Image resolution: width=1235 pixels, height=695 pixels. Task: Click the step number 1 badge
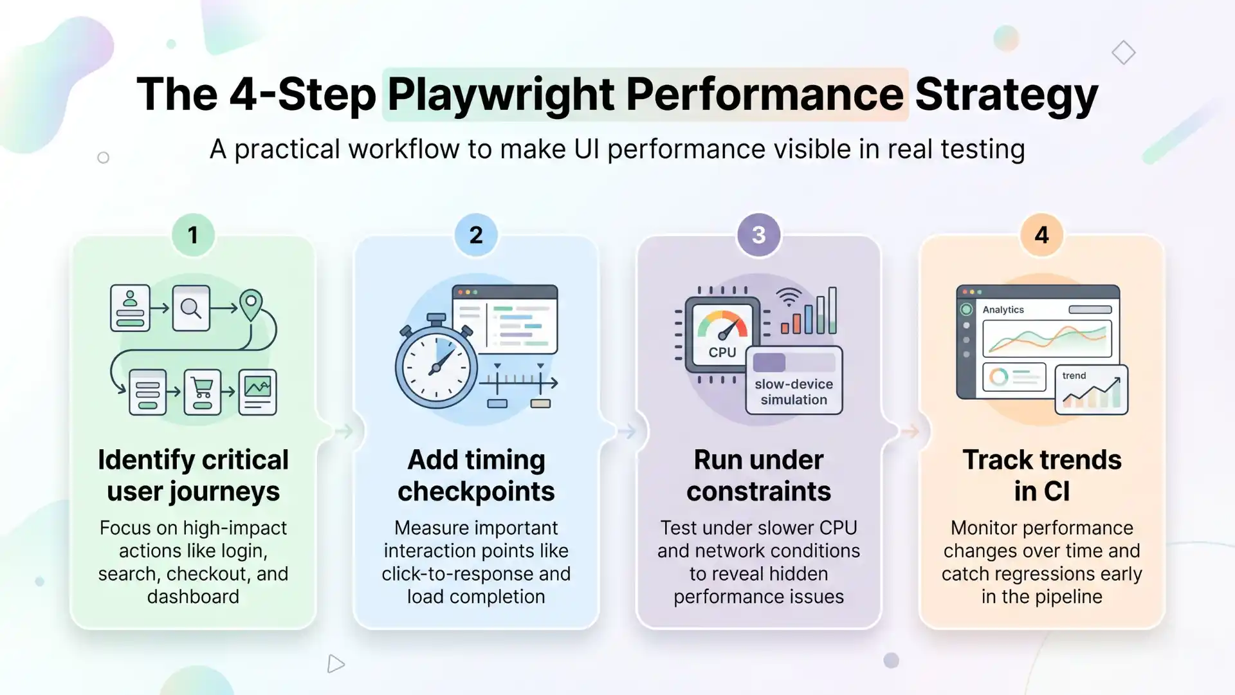click(x=193, y=235)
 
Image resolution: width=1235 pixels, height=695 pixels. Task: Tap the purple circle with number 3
click(x=758, y=235)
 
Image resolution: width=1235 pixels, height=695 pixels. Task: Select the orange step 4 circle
click(x=1041, y=235)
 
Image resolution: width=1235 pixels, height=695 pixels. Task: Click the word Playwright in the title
click(x=501, y=95)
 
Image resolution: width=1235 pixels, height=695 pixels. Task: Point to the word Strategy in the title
click(x=1006, y=95)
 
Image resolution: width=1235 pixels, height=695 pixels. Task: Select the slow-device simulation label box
click(x=794, y=381)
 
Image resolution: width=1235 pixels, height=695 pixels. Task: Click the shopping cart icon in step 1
click(x=203, y=391)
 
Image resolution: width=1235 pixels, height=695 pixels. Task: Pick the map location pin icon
click(x=251, y=304)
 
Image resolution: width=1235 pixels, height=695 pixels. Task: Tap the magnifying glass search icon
click(x=191, y=308)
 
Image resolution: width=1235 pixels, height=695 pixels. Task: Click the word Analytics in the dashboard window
click(x=1003, y=310)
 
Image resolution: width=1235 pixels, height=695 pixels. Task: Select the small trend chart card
click(x=1091, y=389)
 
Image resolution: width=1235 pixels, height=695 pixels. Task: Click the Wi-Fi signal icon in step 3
click(x=789, y=298)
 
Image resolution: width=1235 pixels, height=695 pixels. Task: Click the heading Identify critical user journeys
click(x=193, y=475)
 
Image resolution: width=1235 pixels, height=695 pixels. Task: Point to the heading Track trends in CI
click(x=1041, y=475)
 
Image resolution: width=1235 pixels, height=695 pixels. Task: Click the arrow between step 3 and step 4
click(x=910, y=431)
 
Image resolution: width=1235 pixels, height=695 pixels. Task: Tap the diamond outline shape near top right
click(x=1123, y=52)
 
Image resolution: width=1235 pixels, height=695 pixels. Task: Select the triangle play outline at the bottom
click(x=335, y=663)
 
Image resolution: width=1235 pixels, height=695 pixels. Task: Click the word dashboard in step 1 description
click(x=193, y=597)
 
